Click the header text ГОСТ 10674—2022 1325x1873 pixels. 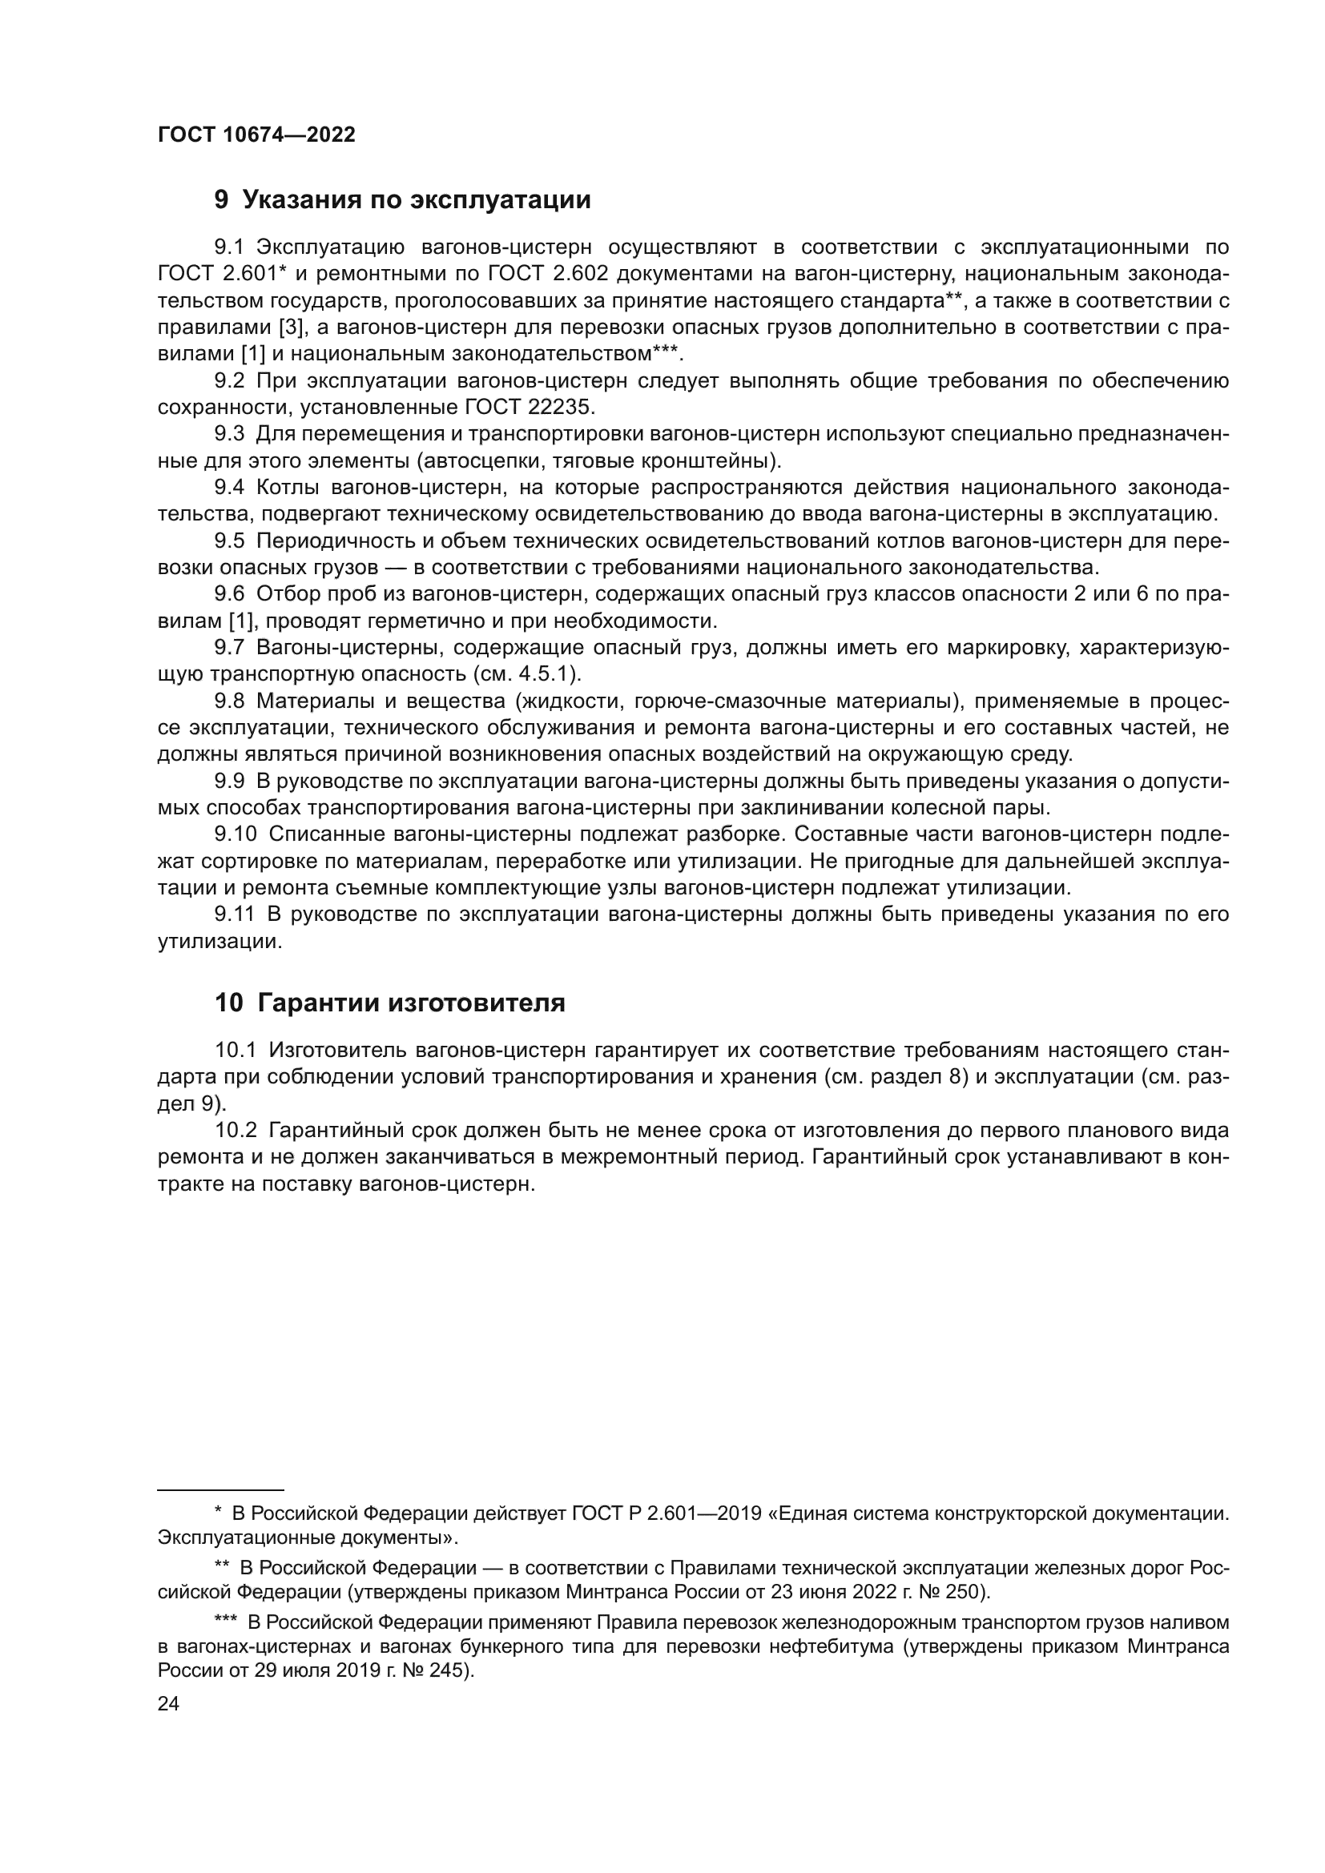coord(256,135)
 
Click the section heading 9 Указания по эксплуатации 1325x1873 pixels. coord(402,200)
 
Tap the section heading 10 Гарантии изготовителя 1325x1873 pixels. coord(390,1003)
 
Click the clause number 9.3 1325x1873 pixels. coord(229,434)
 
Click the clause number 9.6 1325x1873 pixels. coord(229,594)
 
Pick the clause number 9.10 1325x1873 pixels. coord(235,834)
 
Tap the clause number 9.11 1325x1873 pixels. coord(235,914)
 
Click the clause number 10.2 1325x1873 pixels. coord(235,1131)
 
